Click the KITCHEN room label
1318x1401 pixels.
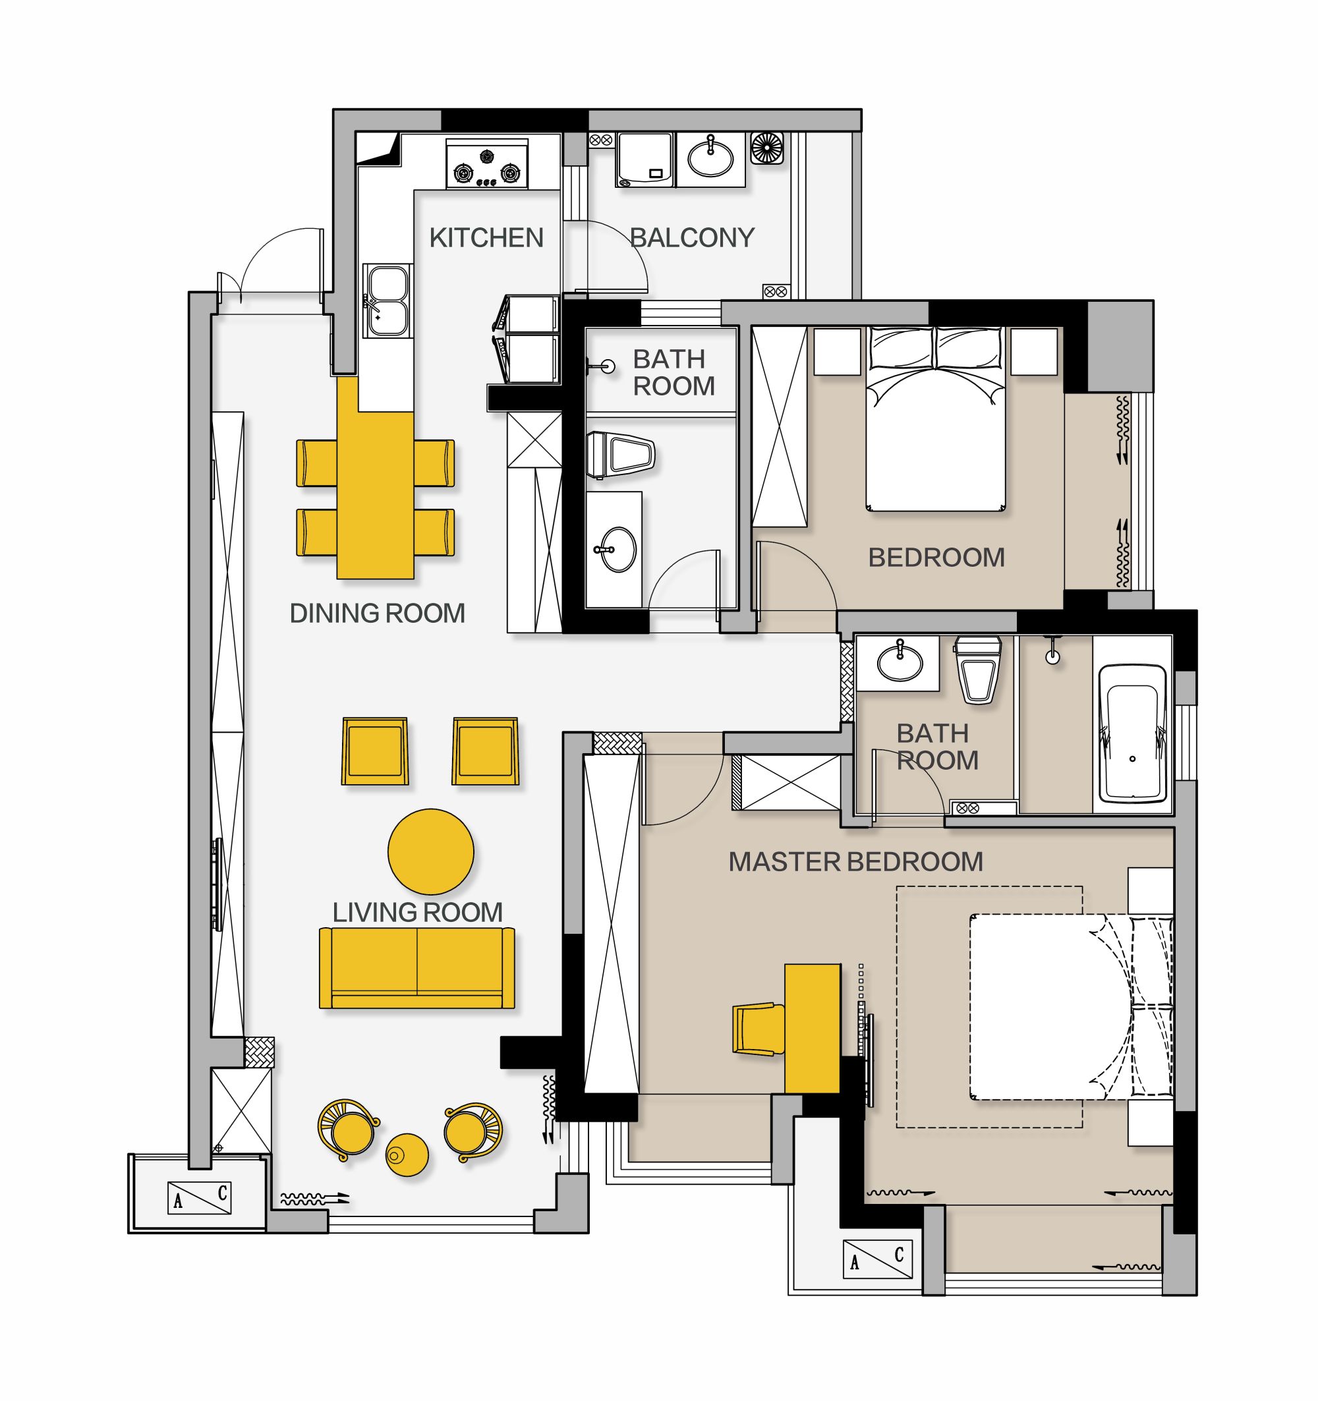[486, 237]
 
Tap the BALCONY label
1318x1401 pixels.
[692, 237]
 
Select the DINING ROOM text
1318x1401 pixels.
[377, 613]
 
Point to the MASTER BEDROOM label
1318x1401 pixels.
[855, 862]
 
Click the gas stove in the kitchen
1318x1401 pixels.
[487, 163]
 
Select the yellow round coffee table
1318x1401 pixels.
[430, 851]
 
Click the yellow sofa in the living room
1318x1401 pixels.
[416, 967]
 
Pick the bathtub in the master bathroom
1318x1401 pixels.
[1132, 733]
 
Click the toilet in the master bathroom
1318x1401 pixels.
[977, 670]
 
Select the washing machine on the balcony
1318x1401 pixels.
[646, 160]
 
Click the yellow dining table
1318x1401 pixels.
[375, 478]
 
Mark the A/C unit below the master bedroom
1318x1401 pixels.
[878, 1259]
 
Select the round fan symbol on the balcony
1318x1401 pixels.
[767, 148]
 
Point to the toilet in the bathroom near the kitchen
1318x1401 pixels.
[621, 455]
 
